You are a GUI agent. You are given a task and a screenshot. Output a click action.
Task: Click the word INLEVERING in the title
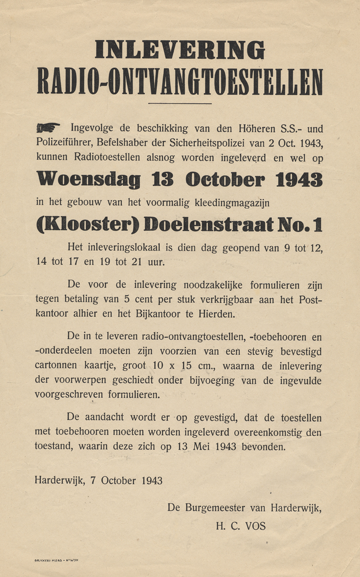179,50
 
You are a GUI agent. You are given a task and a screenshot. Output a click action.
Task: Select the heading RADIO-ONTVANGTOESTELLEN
179,81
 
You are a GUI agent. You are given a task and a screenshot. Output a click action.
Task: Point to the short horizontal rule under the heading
179,104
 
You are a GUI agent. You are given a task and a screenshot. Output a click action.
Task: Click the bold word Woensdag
88,179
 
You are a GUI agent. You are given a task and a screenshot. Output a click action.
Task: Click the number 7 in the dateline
93,481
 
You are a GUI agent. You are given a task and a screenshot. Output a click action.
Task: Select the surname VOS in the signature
254,526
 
